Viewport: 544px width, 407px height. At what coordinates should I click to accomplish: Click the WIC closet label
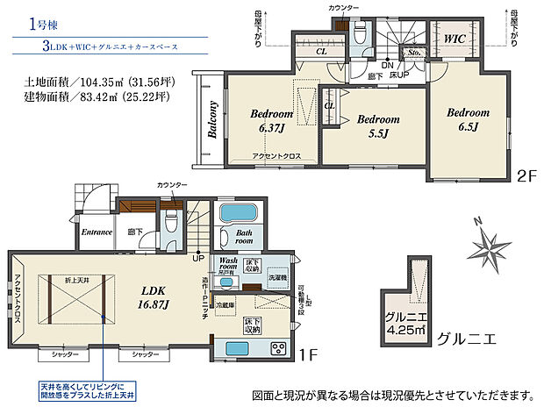(x=455, y=39)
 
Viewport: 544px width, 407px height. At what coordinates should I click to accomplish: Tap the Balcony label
(x=212, y=121)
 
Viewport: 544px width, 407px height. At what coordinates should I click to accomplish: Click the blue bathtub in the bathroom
(x=236, y=214)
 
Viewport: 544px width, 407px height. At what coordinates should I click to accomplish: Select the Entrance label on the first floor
(x=96, y=232)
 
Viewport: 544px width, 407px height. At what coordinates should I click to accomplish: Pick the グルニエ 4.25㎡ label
(x=405, y=324)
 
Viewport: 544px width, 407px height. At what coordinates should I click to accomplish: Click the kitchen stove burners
(x=278, y=349)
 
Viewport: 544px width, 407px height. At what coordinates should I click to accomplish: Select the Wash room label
(x=229, y=265)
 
